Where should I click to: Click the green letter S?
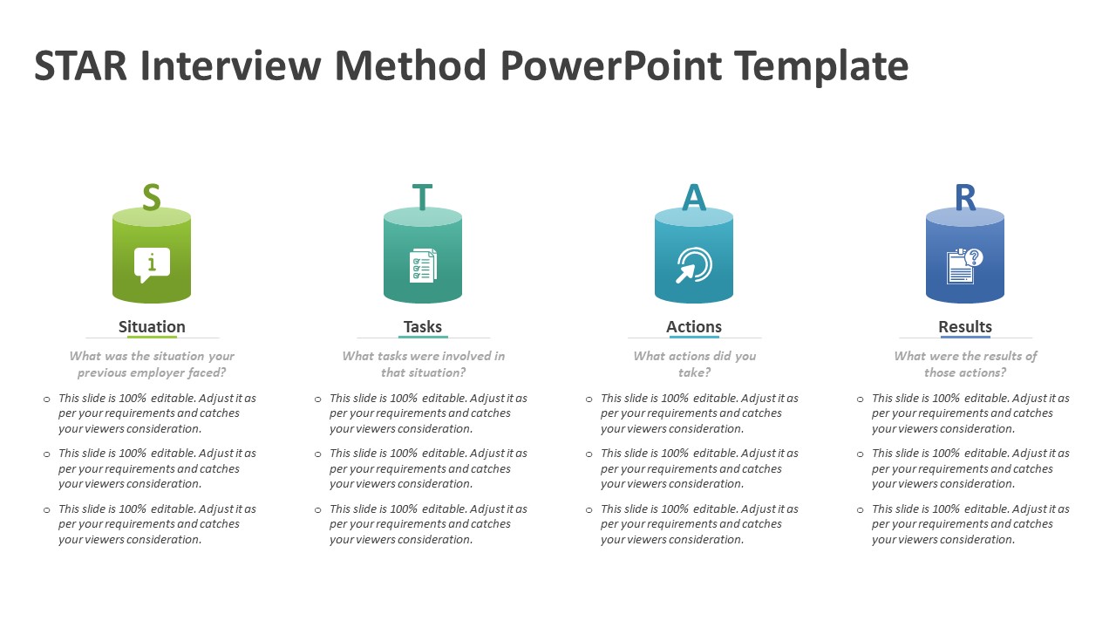[x=152, y=198]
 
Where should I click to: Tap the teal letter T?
[x=422, y=198]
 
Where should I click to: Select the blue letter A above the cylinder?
[x=693, y=198]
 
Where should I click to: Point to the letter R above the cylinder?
[x=965, y=198]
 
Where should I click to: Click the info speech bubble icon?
[x=152, y=264]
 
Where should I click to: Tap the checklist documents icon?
[x=423, y=265]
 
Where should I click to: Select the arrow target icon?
[x=694, y=265]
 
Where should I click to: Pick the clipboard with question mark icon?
[x=964, y=265]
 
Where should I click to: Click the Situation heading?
[x=152, y=327]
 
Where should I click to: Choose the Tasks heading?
[x=423, y=327]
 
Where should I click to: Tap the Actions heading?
[x=694, y=327]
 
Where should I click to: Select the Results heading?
[x=965, y=327]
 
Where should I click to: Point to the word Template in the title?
[x=820, y=66]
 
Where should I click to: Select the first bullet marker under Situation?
[x=47, y=399]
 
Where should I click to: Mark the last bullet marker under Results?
[x=861, y=510]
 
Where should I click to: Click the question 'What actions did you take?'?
[x=694, y=364]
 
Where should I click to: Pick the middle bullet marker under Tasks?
[x=318, y=454]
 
